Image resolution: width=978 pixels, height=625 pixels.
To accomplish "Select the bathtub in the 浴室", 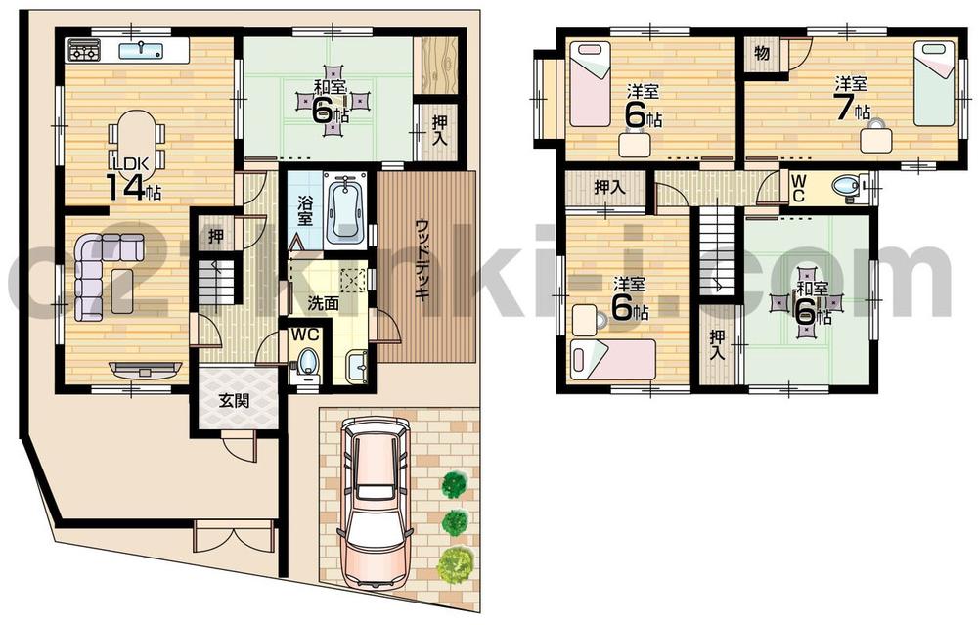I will point(346,210).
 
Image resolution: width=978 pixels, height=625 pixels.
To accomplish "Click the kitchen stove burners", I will point(83,50).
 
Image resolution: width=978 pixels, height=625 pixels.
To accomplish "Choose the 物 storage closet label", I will point(762,54).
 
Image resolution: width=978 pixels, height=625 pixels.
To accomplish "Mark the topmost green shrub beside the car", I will point(453,483).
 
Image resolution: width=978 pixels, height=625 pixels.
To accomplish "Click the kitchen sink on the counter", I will point(144,47).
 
